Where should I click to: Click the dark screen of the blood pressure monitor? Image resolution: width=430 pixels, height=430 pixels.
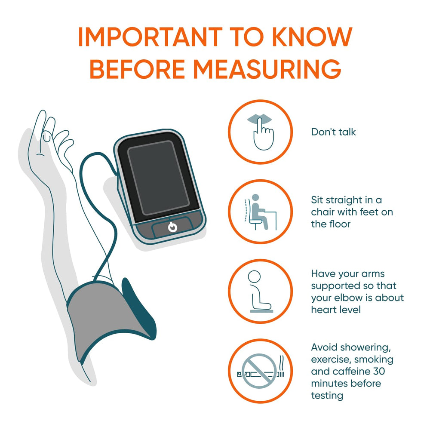tap(159, 178)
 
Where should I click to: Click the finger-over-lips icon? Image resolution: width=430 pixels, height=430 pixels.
tap(261, 132)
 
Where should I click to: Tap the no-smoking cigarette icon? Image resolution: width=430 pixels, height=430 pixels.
tap(260, 371)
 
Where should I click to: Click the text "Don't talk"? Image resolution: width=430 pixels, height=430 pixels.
tap(333, 132)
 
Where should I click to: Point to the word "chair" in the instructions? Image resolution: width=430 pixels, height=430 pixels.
tap(322, 212)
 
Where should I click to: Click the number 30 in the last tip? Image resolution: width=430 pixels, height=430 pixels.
tap(379, 372)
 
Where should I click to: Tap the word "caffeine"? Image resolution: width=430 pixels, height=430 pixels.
tap(350, 372)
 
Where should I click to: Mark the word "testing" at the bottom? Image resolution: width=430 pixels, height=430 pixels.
tap(327, 396)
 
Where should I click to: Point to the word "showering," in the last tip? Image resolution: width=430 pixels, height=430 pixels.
tap(362, 348)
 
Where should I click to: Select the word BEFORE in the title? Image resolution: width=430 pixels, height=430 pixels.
tap(138, 69)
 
